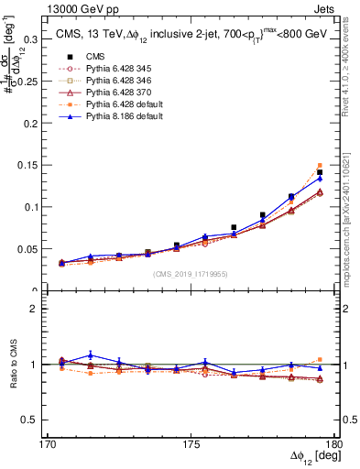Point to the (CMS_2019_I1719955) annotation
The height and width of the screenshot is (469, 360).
coord(191,273)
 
